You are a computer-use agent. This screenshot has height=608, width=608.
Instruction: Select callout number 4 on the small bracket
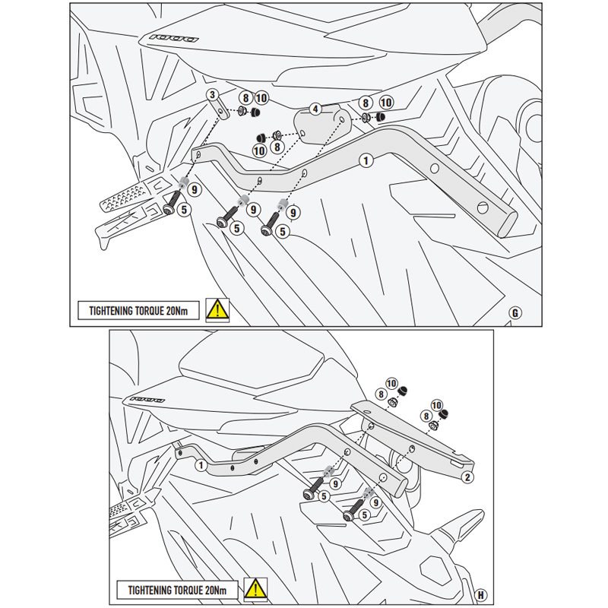[x=314, y=109]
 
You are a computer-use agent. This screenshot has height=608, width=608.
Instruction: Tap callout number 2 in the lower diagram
[x=468, y=477]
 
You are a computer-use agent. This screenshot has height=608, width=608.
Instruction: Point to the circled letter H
[x=481, y=592]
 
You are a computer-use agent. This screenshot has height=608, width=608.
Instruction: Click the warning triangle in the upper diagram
[x=218, y=309]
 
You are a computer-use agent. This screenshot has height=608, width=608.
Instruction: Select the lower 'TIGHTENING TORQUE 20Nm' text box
[x=176, y=590]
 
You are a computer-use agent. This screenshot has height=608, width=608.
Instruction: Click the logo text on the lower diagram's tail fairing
[x=147, y=399]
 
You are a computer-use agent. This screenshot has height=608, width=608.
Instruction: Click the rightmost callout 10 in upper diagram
[x=385, y=102]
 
